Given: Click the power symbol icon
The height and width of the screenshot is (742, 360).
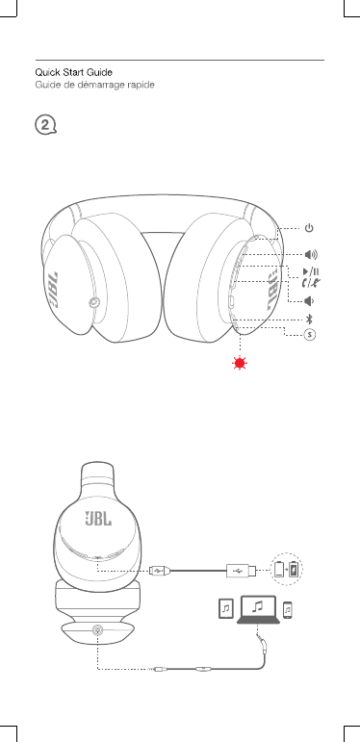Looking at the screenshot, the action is [308, 228].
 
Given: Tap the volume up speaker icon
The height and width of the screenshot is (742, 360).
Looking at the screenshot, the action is [311, 255].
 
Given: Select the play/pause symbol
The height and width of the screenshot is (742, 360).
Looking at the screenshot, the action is [311, 271].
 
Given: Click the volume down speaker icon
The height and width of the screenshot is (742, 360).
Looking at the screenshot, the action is [309, 301].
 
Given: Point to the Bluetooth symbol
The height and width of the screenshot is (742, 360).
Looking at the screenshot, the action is [309, 319].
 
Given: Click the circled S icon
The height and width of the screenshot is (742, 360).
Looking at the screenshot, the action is [309, 334].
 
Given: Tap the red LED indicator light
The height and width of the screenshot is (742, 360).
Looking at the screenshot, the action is [240, 364].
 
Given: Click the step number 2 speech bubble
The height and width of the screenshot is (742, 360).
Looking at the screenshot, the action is [45, 125].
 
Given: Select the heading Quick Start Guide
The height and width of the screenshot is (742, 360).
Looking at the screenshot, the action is [73, 72].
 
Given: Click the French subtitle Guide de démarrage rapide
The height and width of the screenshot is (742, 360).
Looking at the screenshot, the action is [94, 86].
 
